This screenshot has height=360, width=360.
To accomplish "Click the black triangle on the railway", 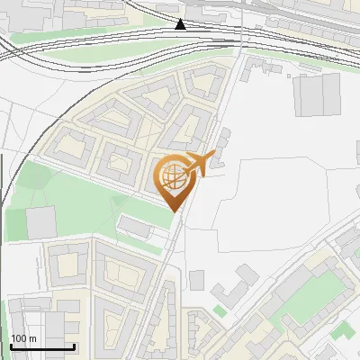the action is [x=181, y=24].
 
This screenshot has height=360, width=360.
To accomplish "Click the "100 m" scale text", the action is [x=24, y=338].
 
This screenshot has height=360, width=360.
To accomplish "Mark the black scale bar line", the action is [x=42, y=347].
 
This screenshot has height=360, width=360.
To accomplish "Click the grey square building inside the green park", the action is [x=40, y=221].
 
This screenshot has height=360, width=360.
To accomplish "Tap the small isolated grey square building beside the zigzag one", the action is [x=197, y=280].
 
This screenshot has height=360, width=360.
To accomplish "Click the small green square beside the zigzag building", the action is [x=220, y=311].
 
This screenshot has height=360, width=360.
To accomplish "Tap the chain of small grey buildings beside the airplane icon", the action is [x=219, y=145].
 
